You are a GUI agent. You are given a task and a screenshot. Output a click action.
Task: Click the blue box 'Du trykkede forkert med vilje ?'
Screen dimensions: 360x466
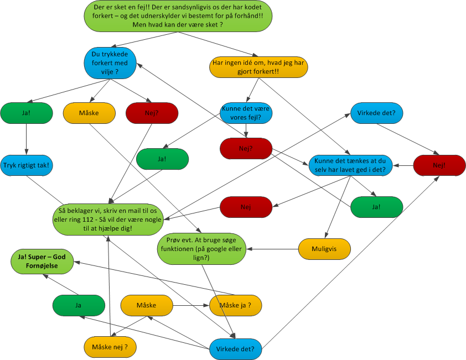point(111,63)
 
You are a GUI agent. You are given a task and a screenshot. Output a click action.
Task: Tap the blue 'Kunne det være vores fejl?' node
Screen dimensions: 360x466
point(246,113)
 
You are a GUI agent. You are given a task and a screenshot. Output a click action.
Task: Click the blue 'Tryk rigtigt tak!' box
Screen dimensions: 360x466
point(27,165)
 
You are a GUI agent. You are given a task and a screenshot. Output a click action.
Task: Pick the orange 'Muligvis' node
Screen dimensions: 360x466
point(325,248)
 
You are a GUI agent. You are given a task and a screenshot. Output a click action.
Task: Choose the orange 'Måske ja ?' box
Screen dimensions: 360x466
point(235,305)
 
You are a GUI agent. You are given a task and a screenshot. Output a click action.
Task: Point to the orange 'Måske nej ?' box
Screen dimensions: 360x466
point(111,347)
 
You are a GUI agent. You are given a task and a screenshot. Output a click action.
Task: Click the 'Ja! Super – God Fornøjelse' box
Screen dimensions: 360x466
point(43,260)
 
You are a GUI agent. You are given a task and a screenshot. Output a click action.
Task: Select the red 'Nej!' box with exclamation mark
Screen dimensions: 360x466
point(439,165)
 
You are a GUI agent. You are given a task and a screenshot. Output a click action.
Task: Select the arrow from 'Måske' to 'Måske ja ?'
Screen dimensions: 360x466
point(191,305)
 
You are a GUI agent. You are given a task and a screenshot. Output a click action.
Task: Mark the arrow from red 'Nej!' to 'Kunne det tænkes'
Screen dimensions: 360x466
point(403,165)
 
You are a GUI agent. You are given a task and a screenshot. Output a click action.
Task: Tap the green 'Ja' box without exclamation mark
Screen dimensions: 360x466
point(79,305)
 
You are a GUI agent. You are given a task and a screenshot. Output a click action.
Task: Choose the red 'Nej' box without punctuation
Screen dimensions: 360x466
point(246,207)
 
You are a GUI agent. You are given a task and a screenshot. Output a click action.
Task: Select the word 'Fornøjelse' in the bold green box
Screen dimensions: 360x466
point(43,266)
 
